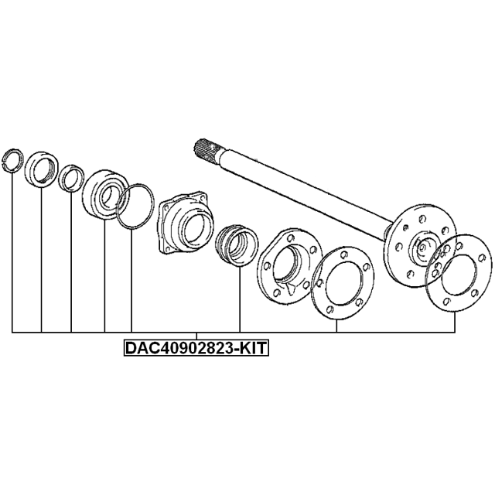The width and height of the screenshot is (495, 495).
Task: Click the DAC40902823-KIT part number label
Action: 196,348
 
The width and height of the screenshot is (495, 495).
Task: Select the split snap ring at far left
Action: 12,160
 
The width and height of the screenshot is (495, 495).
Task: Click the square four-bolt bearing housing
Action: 186,222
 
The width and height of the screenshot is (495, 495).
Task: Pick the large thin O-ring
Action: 135,206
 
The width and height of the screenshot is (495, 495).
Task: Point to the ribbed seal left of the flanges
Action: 237,246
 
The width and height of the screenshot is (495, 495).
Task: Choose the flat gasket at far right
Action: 459,273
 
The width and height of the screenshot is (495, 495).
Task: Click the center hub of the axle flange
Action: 423,246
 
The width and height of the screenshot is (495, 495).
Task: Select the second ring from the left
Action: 41,169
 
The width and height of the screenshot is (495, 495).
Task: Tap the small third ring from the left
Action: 72,178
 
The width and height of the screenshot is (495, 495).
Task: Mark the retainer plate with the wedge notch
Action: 289,266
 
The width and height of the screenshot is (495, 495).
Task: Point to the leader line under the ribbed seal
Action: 240,299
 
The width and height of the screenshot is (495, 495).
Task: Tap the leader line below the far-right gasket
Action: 455,323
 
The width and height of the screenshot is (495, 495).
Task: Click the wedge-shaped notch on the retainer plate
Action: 291,288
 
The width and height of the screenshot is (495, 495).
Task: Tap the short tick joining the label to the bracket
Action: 196,336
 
